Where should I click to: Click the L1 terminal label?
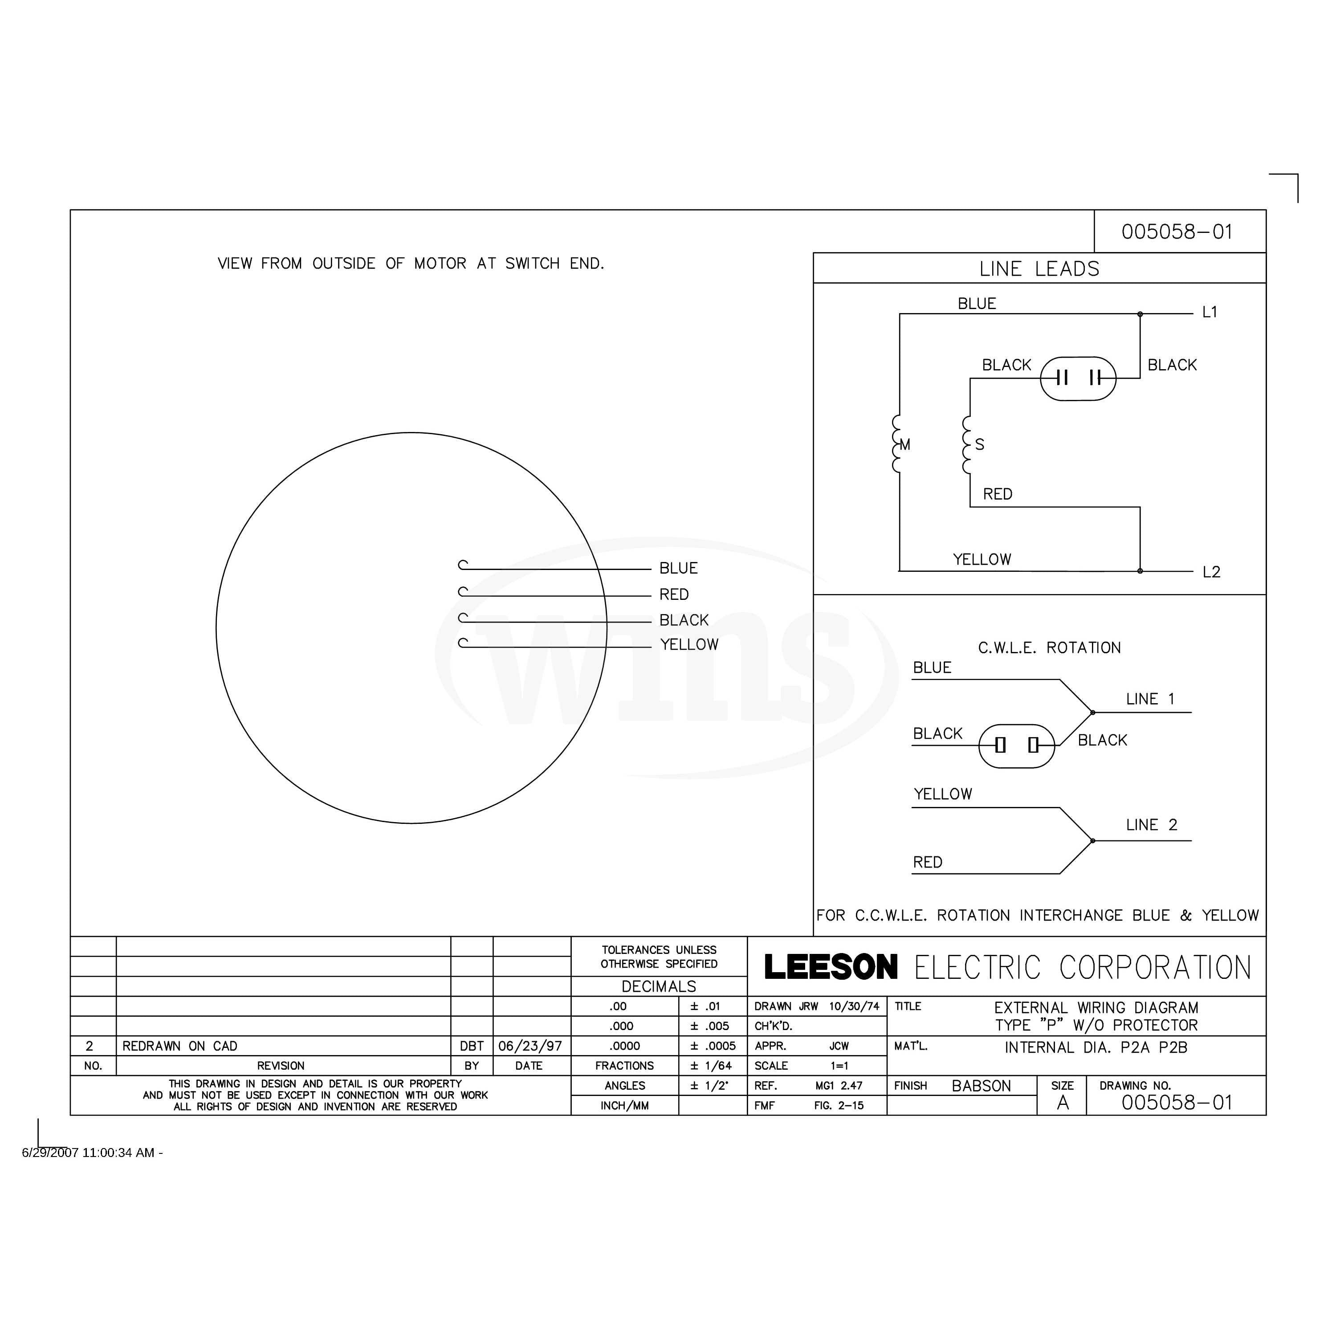[1210, 312]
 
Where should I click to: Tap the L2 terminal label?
[1211, 572]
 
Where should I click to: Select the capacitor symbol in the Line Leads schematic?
[1078, 378]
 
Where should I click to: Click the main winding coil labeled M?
[897, 444]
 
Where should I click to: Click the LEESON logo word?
[831, 967]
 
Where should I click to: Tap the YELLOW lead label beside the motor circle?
[689, 644]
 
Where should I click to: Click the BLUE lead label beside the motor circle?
[678, 568]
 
